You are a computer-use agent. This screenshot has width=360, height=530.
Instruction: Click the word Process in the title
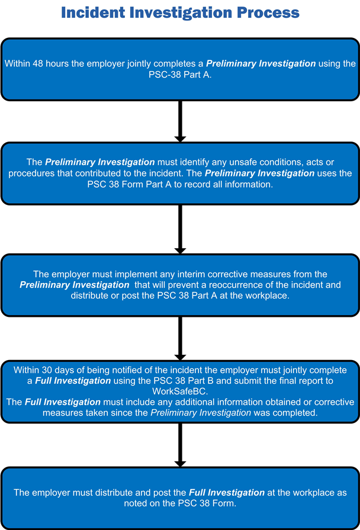click(270, 12)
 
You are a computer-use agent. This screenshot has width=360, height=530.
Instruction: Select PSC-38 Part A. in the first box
click(179, 75)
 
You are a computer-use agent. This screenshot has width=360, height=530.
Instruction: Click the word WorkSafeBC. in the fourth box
click(180, 391)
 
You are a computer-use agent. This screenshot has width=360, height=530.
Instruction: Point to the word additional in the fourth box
click(177, 402)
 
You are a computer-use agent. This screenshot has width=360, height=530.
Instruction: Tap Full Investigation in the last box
click(227, 492)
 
